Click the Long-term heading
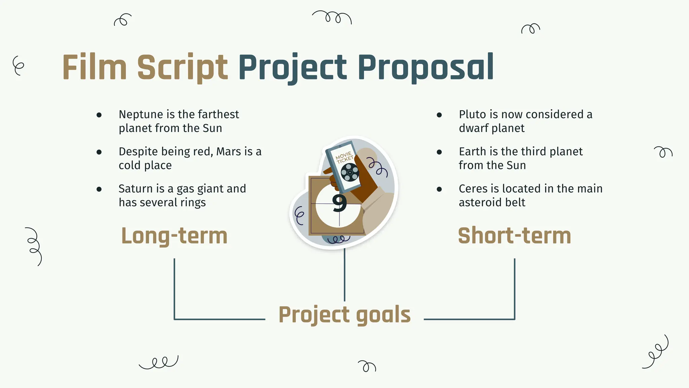coord(174,236)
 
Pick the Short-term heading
coord(514,236)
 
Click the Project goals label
coord(344,315)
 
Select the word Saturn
coord(133,189)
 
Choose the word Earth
coord(473,152)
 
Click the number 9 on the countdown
coord(339,203)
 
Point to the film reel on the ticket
coord(350,172)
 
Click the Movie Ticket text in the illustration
coord(344,157)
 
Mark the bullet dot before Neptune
coord(99,115)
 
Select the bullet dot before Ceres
coord(439,189)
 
